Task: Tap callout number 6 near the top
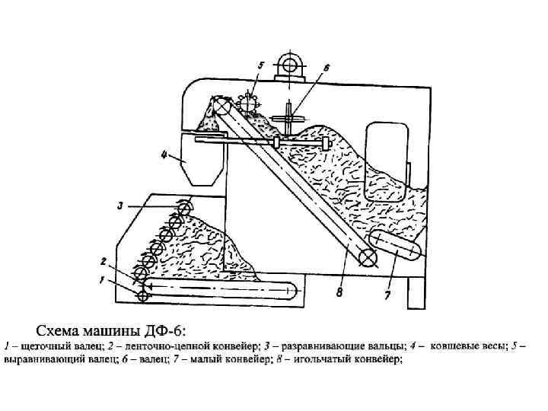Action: tap(327, 68)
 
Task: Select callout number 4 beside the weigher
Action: tap(164, 155)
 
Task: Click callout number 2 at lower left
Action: tap(103, 260)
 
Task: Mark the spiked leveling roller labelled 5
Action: tap(247, 104)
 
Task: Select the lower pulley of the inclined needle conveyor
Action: tap(368, 259)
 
